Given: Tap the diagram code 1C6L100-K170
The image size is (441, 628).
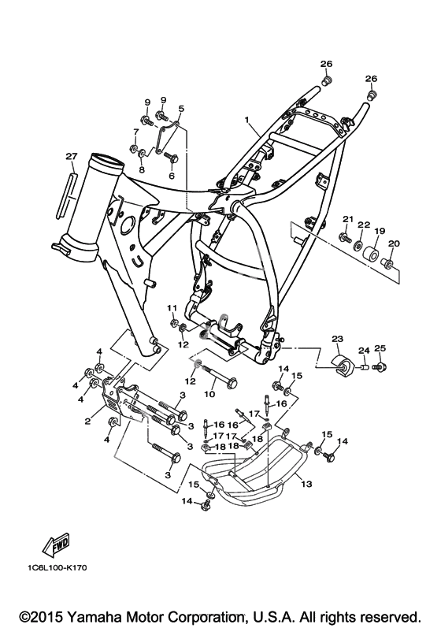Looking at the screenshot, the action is point(57,567).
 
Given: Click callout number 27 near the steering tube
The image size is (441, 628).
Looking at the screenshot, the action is point(71,157).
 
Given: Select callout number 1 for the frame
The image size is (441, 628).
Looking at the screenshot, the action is point(247,119).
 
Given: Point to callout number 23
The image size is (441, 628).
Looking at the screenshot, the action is point(337,340).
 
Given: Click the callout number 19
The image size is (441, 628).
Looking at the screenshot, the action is point(380,231).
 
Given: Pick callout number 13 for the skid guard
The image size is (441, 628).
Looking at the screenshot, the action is point(306,485).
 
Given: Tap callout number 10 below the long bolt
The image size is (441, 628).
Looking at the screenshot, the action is point(209,394).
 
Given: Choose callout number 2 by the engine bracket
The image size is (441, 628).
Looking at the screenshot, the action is point(88,421).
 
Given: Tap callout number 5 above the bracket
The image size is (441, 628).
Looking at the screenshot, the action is point(181,109).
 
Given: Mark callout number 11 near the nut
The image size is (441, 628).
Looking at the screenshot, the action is point(172,307).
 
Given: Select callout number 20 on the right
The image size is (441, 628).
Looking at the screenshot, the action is point(394,243).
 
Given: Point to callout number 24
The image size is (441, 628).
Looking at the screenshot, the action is point(363,351).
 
